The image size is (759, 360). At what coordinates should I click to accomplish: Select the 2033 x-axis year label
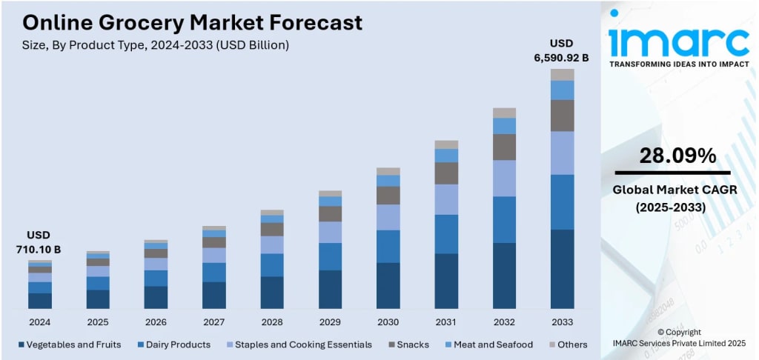[x=562, y=322]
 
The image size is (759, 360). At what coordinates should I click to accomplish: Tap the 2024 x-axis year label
[x=40, y=322]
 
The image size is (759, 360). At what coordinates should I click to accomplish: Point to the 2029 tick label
[x=330, y=322]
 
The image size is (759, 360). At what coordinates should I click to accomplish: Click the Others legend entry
[x=570, y=344]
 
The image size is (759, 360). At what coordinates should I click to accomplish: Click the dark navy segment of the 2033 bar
[x=562, y=268]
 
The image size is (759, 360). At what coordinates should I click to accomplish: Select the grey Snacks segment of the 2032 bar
[x=504, y=147]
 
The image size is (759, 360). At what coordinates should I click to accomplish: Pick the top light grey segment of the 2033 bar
[x=562, y=74]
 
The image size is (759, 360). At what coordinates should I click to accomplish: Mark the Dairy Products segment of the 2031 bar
[x=446, y=234]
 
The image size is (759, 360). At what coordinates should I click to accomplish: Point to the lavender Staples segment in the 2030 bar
[x=388, y=217]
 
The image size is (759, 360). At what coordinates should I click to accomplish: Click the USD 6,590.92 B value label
[x=561, y=50]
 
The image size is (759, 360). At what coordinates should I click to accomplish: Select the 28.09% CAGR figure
[x=677, y=156]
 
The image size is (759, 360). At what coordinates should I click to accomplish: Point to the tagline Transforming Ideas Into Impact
[x=679, y=64]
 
